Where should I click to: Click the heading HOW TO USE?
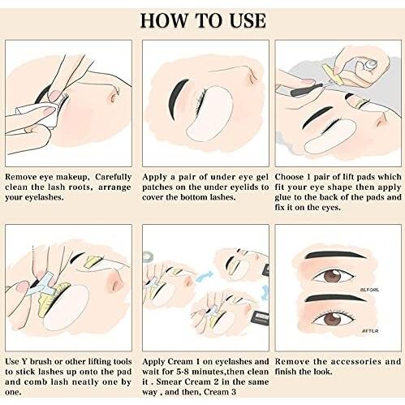point(203,20)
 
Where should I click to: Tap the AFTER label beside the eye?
point(370,331)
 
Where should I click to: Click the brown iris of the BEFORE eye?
point(333,277)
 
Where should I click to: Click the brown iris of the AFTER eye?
point(331,319)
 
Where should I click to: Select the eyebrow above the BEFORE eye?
point(335,255)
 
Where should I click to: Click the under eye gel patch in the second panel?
point(209,114)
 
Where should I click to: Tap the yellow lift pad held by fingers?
point(332,74)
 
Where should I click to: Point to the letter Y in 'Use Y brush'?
point(24,362)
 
